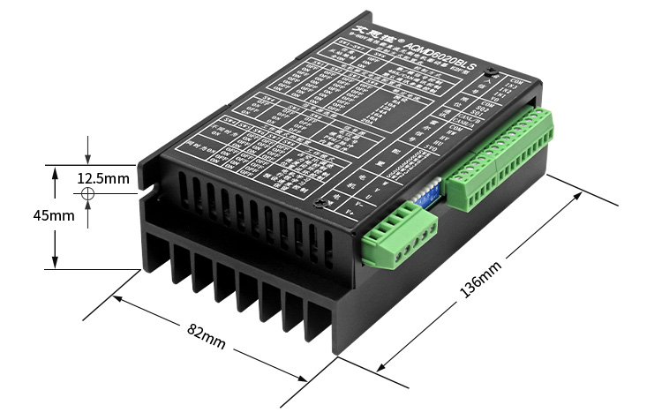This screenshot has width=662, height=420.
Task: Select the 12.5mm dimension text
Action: (103, 178)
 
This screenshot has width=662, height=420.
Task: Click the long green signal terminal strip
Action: (499, 159)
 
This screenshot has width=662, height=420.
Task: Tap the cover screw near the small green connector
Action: (321, 206)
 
